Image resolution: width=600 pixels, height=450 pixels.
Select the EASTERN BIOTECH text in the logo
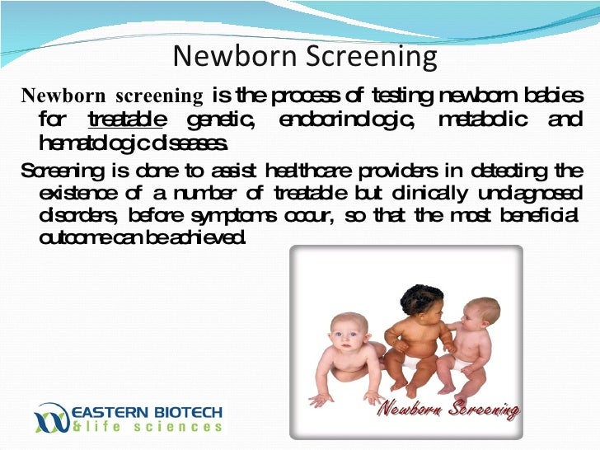pyautogui.click(x=147, y=410)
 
